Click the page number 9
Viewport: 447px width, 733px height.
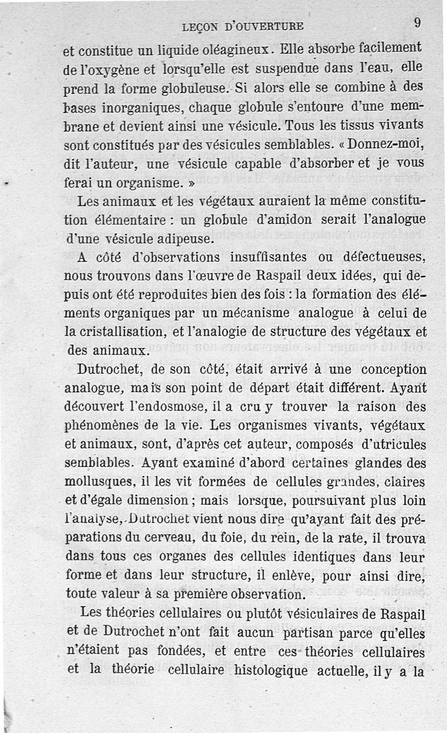[417, 23]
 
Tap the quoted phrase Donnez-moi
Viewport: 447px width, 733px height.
[386, 144]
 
